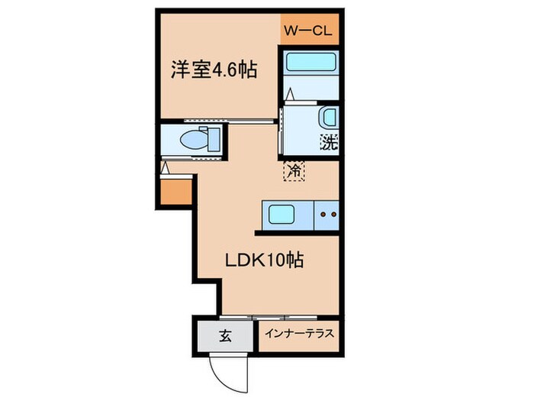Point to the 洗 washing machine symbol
click(x=329, y=142)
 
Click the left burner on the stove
click(x=323, y=215)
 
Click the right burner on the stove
click(x=333, y=215)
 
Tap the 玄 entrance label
click(x=227, y=334)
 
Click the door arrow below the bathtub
click(x=291, y=95)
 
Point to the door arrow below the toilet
click(x=166, y=166)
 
